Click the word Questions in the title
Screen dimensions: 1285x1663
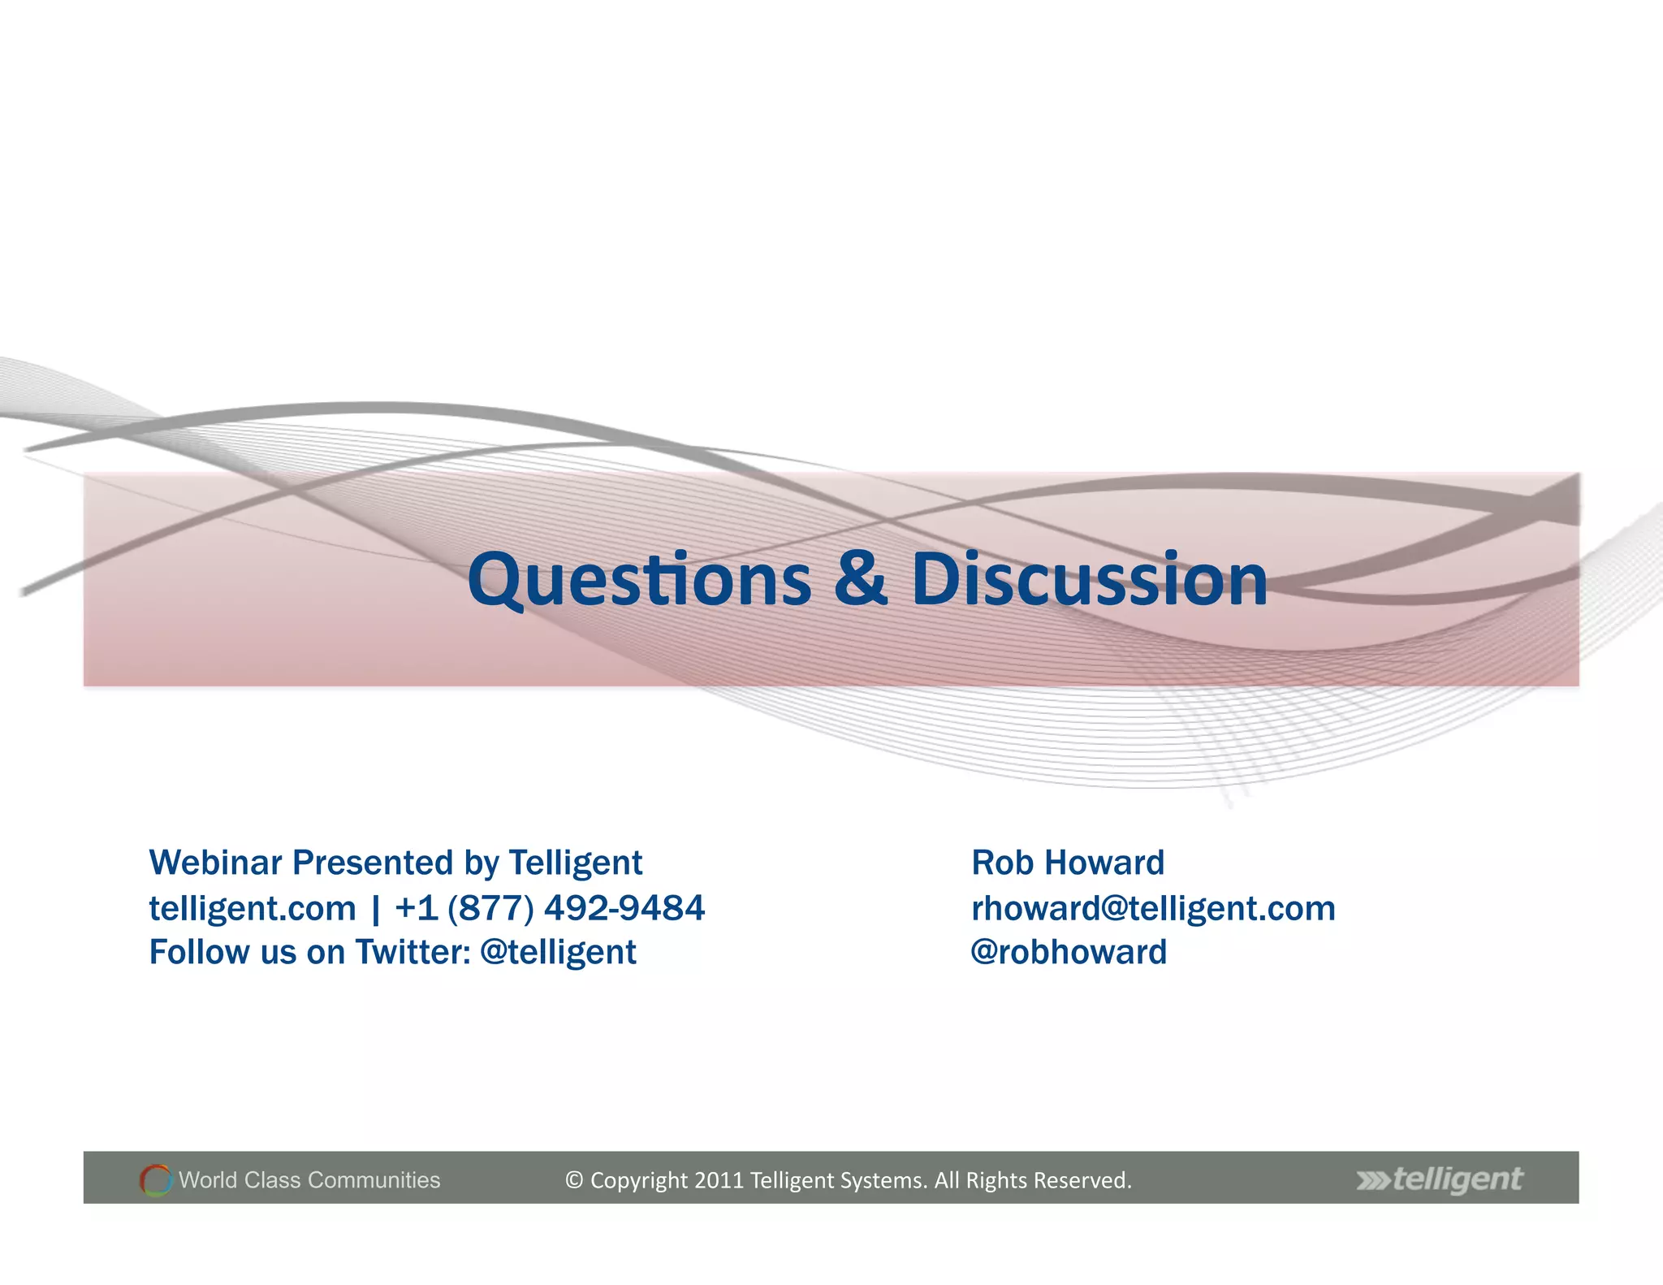pyautogui.click(x=639, y=580)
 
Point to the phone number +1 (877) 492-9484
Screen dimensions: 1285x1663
pyautogui.click(x=550, y=908)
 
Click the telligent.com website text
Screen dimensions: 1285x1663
pyautogui.click(x=253, y=908)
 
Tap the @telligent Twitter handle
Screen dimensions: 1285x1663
pyautogui.click(x=558, y=953)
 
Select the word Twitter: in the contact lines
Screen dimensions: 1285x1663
pyautogui.click(x=413, y=953)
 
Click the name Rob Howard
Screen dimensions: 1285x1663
pyautogui.click(x=1067, y=863)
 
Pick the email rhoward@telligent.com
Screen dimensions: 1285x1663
pyautogui.click(x=1153, y=908)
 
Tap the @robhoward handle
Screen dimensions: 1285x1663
pyautogui.click(x=1069, y=953)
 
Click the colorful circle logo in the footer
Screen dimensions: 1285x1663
pyautogui.click(x=155, y=1179)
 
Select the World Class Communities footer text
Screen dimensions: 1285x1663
pyautogui.click(x=309, y=1179)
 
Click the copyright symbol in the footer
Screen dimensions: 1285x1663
pyautogui.click(x=574, y=1180)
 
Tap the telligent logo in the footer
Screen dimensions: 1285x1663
pyautogui.click(x=1440, y=1179)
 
